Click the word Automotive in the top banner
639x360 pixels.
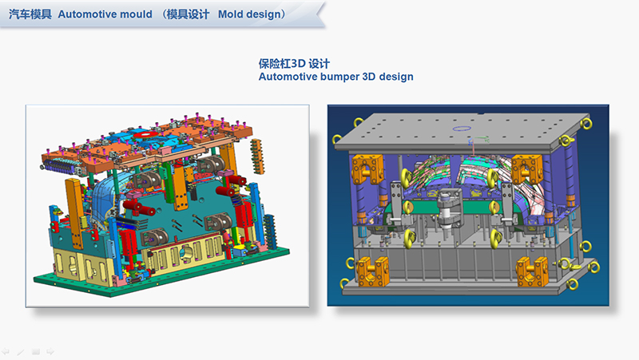point(88,14)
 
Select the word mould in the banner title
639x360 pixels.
point(136,14)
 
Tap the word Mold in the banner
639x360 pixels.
point(230,14)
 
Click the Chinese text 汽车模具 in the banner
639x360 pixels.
point(30,14)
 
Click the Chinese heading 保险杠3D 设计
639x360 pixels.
point(294,64)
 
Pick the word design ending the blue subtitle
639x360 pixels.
point(396,77)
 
